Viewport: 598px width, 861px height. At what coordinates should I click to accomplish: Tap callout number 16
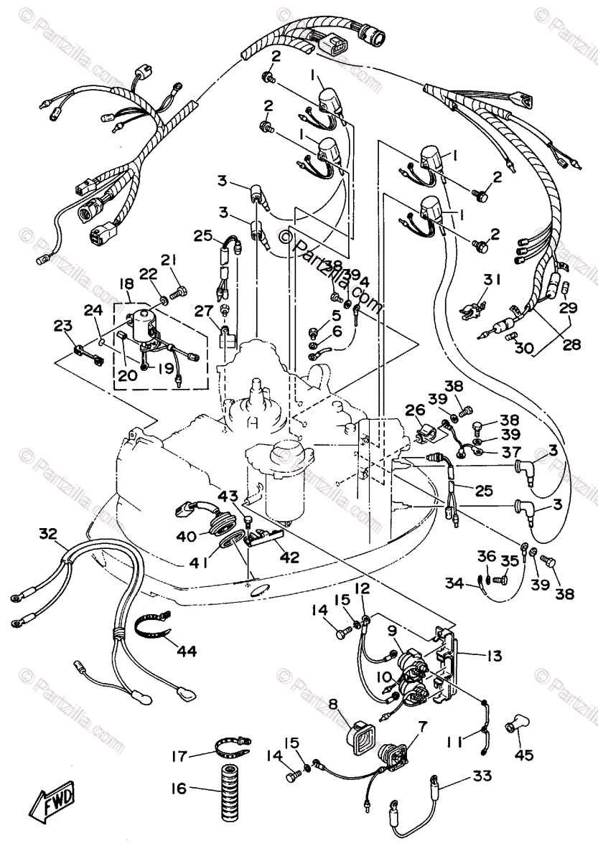coord(177,788)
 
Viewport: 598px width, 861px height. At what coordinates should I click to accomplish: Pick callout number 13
coord(493,655)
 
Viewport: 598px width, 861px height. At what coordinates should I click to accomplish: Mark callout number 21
coord(168,260)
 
